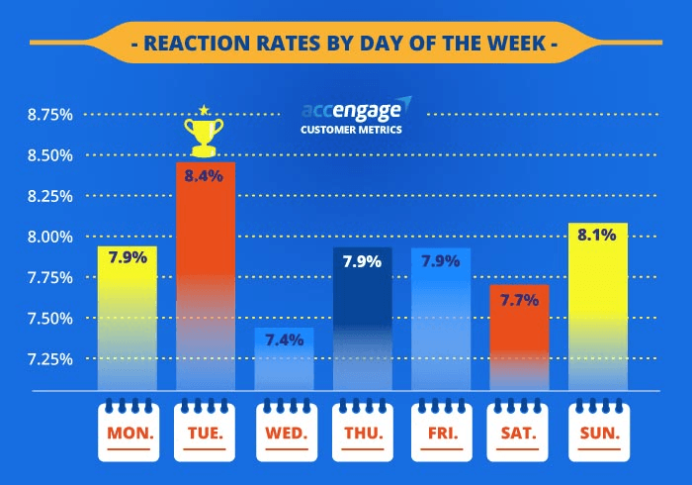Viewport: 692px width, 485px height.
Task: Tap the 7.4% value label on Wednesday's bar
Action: pyautogui.click(x=285, y=339)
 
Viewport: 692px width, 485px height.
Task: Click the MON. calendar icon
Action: pyautogui.click(x=127, y=431)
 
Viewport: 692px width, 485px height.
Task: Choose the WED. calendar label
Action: pyautogui.click(x=285, y=434)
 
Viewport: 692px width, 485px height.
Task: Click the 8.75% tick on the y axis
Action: pyautogui.click(x=49, y=115)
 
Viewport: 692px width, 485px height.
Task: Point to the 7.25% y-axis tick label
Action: pyautogui.click(x=49, y=358)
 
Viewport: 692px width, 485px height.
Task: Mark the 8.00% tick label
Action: pyautogui.click(x=49, y=237)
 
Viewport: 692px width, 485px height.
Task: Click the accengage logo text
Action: pyautogui.click(x=353, y=110)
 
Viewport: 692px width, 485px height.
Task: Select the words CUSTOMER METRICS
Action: pyautogui.click(x=352, y=129)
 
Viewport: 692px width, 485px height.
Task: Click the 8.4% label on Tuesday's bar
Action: pyautogui.click(x=206, y=175)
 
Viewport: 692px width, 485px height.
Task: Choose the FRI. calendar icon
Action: pyautogui.click(x=442, y=431)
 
